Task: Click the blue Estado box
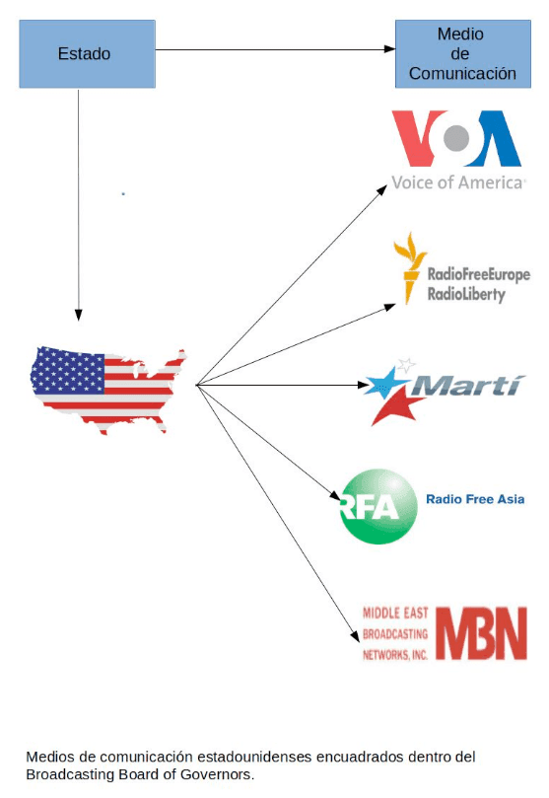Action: pos(87,54)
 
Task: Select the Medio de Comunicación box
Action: pos(463,54)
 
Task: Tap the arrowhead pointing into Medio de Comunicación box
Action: pos(389,49)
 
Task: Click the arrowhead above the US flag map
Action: pos(78,315)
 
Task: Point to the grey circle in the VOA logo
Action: pos(456,137)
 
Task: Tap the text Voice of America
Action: pos(457,182)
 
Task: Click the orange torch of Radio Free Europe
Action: pos(409,267)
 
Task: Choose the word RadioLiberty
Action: pos(466,294)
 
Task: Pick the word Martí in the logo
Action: pos(466,387)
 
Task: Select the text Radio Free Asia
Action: pos(475,499)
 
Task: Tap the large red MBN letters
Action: pos(481,633)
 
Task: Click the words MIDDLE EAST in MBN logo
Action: pos(395,613)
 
